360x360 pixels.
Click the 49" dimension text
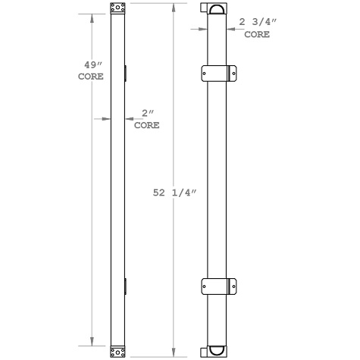(92, 65)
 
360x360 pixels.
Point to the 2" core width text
(146, 114)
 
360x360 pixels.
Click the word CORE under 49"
(92, 77)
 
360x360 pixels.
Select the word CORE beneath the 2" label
(146, 125)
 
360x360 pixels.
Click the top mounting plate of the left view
(117, 9)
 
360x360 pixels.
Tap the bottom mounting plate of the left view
(117, 351)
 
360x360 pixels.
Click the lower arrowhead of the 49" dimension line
(92, 343)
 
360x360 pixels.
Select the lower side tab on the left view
(127, 286)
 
